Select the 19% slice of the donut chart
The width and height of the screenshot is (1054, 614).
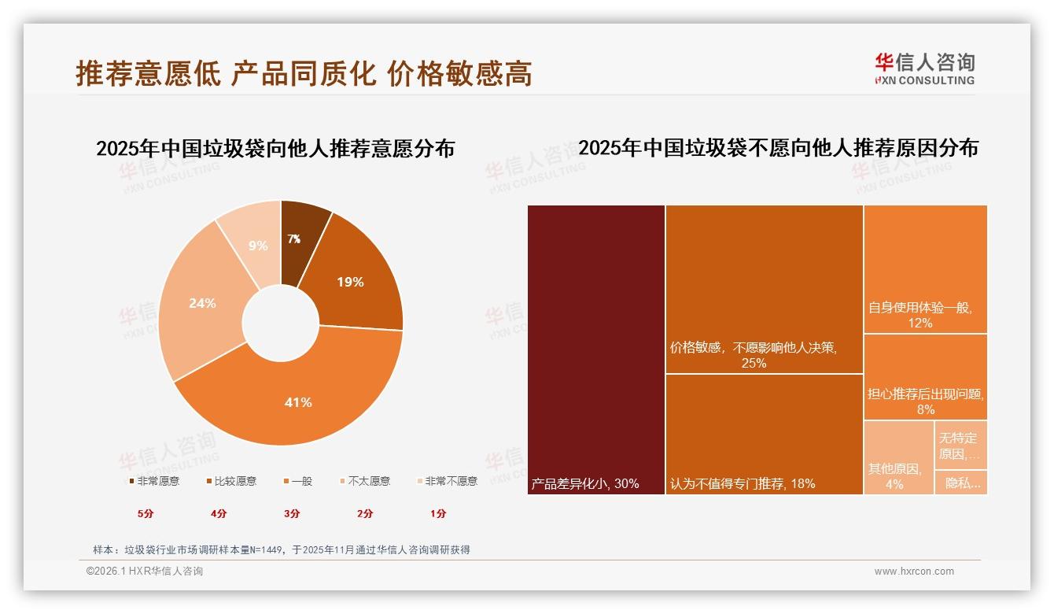[350, 281]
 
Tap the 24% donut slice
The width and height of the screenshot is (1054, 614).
[202, 303]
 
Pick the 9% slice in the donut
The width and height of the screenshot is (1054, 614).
[257, 245]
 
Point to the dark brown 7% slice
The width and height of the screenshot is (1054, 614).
[296, 237]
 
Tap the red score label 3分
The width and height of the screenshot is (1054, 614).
[292, 513]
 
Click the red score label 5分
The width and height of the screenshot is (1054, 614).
[146, 513]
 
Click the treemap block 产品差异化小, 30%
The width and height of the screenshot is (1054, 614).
[596, 350]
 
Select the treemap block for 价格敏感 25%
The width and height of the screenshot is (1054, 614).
[764, 289]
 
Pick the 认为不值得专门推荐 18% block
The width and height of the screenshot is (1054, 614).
[764, 434]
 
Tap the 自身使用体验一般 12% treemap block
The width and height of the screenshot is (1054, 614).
[925, 268]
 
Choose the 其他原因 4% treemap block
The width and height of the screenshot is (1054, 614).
[898, 457]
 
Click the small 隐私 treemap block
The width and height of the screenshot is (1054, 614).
[960, 483]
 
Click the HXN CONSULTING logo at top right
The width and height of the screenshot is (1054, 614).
[924, 69]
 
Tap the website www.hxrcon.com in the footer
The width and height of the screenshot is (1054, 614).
[914, 571]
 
